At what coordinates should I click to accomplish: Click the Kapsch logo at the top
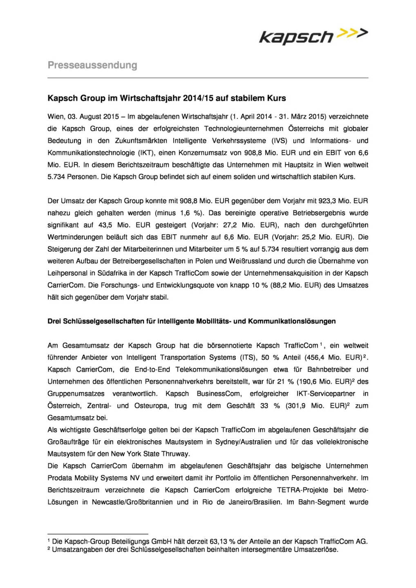click(x=313, y=36)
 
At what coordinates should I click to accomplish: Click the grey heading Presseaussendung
click(x=92, y=65)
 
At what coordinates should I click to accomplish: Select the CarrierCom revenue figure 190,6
click(x=314, y=381)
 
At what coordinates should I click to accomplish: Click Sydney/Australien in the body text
click(x=244, y=442)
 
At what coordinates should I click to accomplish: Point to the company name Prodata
click(x=60, y=478)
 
